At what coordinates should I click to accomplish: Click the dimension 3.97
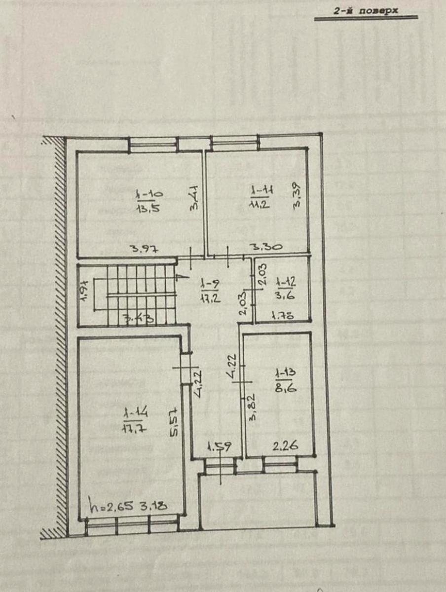[x=144, y=249]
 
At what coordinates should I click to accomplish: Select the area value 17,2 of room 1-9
[x=210, y=297]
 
